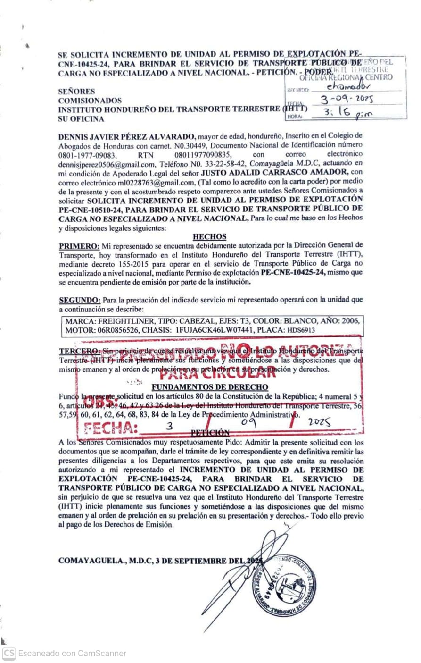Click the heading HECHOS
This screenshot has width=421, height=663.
pyautogui.click(x=209, y=236)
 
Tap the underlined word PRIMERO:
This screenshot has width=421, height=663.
pyautogui.click(x=79, y=245)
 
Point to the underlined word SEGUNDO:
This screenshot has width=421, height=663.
pyautogui.click(x=80, y=300)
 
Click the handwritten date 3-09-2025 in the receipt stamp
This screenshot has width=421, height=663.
pyautogui.click(x=346, y=100)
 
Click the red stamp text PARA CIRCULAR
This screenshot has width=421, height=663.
pyautogui.click(x=217, y=374)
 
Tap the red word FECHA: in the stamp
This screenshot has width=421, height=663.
pyautogui.click(x=111, y=428)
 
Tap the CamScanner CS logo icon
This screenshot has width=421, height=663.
pyautogui.click(x=9, y=653)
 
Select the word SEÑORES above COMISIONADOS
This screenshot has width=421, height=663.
pyautogui.click(x=76, y=92)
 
